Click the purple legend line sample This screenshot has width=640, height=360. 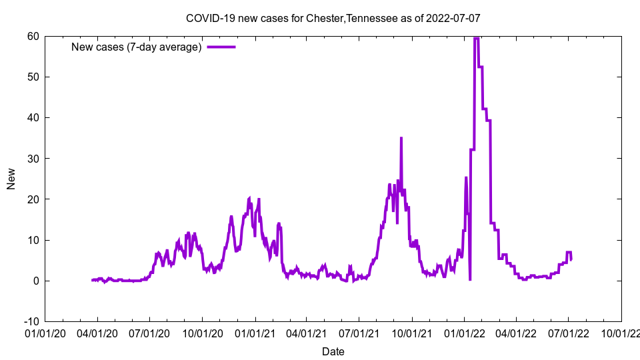221,47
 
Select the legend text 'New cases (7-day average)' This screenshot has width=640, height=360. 136,47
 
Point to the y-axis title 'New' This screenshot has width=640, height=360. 11,179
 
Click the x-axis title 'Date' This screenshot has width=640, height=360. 333,351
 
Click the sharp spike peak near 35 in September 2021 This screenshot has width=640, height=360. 401,138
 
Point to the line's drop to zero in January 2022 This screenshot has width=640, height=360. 470,279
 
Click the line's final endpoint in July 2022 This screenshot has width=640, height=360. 571,259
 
